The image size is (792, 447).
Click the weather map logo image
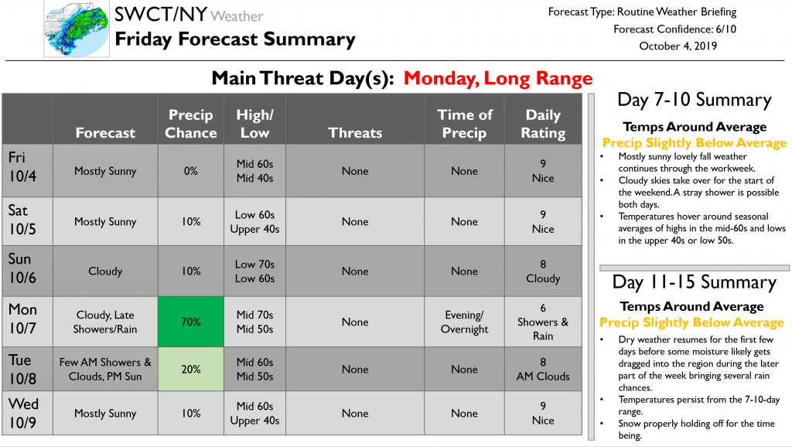point(77,29)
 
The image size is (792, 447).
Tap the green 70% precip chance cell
point(191,322)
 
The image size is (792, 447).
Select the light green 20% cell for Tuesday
point(191,369)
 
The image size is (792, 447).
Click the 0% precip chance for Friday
point(191,171)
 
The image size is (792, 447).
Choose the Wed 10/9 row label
point(23,413)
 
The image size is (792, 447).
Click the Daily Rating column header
point(543,124)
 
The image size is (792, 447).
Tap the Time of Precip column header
point(464,124)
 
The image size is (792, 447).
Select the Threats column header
point(355,133)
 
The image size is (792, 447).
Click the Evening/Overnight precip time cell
point(464,322)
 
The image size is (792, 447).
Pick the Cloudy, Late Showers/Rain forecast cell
point(105,322)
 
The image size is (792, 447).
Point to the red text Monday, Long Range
point(498,78)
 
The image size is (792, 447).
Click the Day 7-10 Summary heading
point(695,100)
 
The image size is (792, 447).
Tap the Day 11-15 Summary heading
point(695,282)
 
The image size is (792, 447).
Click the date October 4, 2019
point(678,46)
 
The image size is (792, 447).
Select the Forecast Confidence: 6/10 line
point(674,29)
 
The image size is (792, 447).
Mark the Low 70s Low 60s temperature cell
point(254,271)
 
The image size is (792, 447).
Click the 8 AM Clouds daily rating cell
point(543,369)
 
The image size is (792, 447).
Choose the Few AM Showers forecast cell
point(105,369)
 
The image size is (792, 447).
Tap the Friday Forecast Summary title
point(235,39)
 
